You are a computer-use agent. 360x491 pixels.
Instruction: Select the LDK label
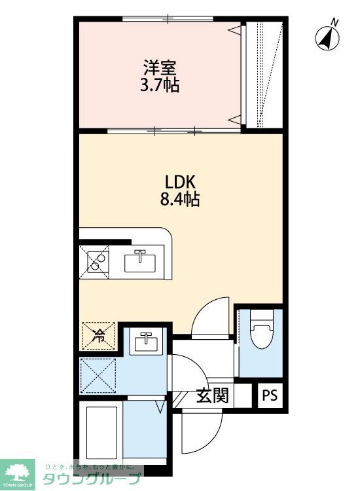[x=180, y=181]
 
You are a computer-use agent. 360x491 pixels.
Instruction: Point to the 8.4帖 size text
[x=180, y=198]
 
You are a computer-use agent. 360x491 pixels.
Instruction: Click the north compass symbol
[x=327, y=39]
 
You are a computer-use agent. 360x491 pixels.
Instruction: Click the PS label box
[x=270, y=395]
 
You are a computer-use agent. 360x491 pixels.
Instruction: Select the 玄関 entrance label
[x=211, y=395]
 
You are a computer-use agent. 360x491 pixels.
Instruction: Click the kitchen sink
[x=140, y=261]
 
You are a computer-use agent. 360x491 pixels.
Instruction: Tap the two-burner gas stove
[x=96, y=261]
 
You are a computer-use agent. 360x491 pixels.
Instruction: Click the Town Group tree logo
[x=20, y=469]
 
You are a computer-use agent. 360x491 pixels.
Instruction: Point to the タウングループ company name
[x=92, y=479]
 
